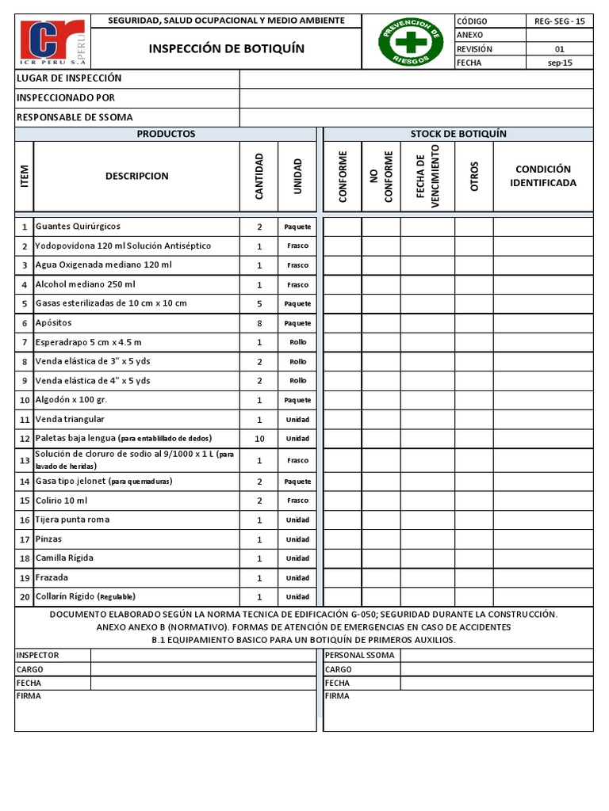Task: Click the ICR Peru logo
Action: click(55, 43)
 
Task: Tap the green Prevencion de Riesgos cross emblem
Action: click(410, 43)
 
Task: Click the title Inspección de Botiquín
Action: click(226, 49)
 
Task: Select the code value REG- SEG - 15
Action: click(560, 21)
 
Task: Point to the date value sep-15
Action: click(560, 63)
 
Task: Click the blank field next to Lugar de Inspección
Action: click(416, 78)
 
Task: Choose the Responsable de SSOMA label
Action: click(75, 117)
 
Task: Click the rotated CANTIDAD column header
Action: click(259, 176)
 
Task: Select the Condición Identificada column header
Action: click(542, 176)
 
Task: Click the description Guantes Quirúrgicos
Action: click(79, 227)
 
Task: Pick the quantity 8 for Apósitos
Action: click(259, 323)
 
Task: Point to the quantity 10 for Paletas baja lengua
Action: click(259, 439)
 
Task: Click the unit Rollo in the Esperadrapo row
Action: click(297, 342)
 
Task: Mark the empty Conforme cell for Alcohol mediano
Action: click(343, 284)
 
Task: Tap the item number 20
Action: click(25, 597)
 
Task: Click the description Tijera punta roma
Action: click(73, 520)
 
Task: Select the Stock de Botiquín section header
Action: click(458, 134)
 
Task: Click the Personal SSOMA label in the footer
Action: click(360, 655)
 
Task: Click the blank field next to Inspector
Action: click(203, 655)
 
